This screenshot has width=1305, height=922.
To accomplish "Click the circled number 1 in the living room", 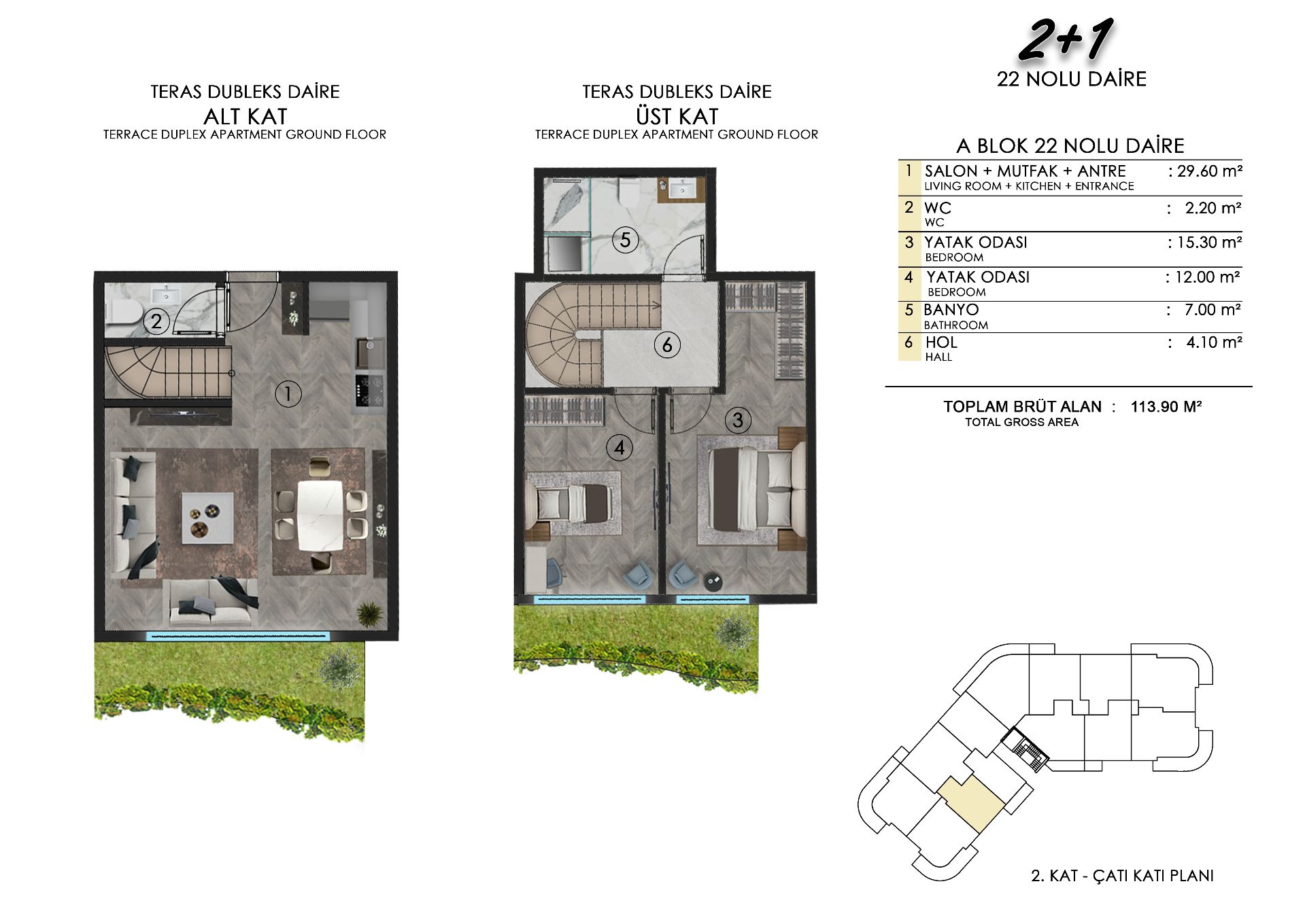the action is pyautogui.click(x=288, y=393).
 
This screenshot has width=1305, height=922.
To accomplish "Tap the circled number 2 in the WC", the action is pyautogui.click(x=156, y=321).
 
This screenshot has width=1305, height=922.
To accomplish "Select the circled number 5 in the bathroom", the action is pyautogui.click(x=625, y=240).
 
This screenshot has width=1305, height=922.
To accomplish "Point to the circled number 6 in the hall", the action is pyautogui.click(x=667, y=345).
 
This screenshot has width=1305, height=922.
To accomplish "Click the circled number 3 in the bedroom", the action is pyautogui.click(x=738, y=420).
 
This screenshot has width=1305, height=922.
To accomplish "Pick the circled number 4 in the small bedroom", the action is pyautogui.click(x=619, y=448).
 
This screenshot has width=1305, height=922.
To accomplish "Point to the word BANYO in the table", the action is pyautogui.click(x=951, y=310).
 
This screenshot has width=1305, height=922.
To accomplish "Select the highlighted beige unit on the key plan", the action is pyautogui.click(x=971, y=804).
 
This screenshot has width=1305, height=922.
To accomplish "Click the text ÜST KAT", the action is pyautogui.click(x=677, y=116).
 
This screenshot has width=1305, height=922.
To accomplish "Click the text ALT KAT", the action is pyautogui.click(x=245, y=116).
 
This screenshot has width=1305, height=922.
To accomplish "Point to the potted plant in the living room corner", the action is pyautogui.click(x=370, y=614).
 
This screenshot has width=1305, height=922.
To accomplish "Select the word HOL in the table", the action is pyautogui.click(x=941, y=342).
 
